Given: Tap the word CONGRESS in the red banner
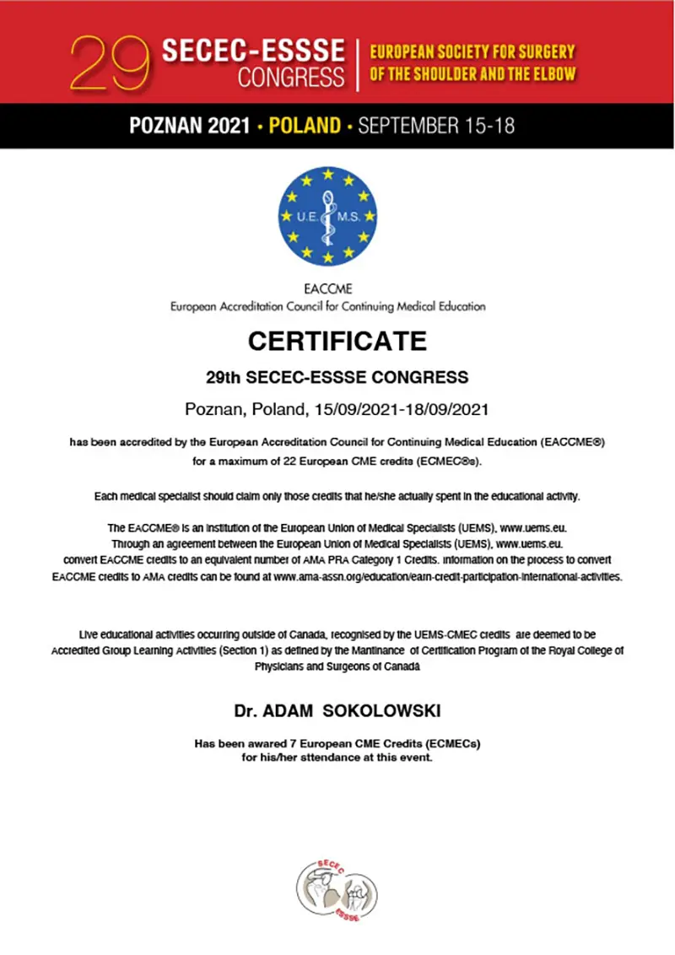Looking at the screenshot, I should [292, 78].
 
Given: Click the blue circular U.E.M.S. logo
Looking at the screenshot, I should [328, 216].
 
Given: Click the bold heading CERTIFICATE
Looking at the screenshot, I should [337, 342].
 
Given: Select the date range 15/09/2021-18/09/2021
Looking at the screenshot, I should [402, 410].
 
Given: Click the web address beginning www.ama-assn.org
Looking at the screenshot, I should [447, 577].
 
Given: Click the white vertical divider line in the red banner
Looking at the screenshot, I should [358, 63].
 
